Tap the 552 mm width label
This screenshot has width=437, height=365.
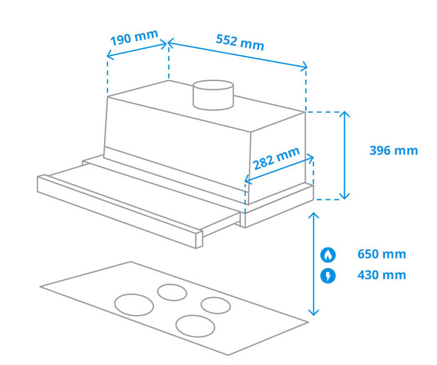(x=240, y=42)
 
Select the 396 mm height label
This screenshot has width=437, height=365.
(x=393, y=150)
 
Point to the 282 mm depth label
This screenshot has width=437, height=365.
(x=277, y=159)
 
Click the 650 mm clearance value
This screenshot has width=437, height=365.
(x=381, y=254)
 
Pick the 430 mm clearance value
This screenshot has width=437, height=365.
(x=381, y=275)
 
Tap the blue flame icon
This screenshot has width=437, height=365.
(x=328, y=255)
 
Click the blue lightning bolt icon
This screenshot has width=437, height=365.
(x=328, y=275)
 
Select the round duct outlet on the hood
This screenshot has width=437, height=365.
(x=212, y=95)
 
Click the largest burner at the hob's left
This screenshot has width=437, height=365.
(x=134, y=304)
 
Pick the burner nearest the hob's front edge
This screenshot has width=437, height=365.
(x=195, y=325)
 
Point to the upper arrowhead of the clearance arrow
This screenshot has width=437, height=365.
(x=313, y=215)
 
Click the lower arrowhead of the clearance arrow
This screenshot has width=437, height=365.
(x=313, y=313)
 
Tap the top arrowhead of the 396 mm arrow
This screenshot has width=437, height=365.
(x=345, y=114)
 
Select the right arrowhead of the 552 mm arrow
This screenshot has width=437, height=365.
(x=305, y=67)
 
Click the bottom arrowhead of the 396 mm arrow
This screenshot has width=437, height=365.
(x=345, y=197)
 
